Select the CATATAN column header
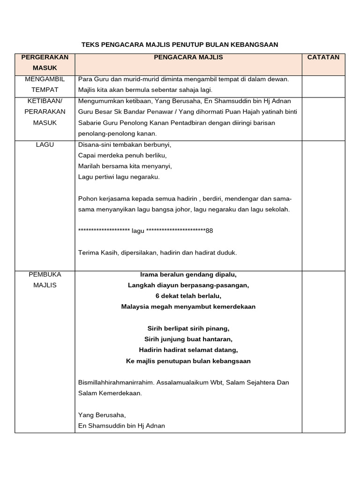point(323,57)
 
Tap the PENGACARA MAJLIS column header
point(188,57)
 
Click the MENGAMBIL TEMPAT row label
point(45,84)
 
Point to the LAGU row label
point(45,145)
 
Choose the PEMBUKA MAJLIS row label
point(45,279)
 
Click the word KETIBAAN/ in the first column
point(45,101)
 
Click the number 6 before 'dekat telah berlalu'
point(157,296)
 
